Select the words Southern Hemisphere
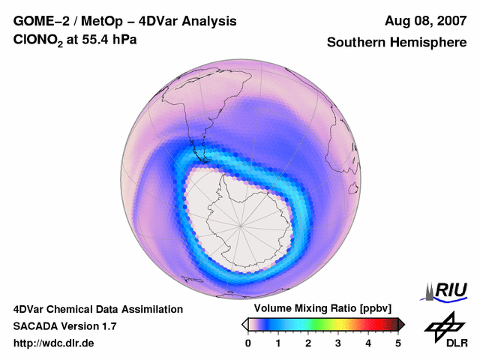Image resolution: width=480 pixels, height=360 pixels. tap(397, 43)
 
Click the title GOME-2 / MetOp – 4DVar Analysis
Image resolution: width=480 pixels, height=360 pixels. tap(125, 21)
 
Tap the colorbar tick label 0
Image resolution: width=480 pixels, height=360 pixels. tap(248, 343)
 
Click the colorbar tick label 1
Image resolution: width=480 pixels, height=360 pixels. tap(278, 343)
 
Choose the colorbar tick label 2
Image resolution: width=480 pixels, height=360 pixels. tap(308, 343)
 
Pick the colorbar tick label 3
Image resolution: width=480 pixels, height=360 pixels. tap(338, 343)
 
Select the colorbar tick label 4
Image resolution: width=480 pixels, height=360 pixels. tap(368, 343)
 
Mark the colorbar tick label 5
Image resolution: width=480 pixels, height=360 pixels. tap(398, 343)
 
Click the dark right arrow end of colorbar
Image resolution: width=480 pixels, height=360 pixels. tap(402, 324)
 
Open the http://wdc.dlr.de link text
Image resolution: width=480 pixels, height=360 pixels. tap(54, 343)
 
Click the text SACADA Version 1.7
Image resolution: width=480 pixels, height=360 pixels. tap(64, 326)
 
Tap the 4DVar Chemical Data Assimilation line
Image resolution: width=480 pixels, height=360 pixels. tap(97, 309)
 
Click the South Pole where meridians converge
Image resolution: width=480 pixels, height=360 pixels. tap(241, 223)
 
